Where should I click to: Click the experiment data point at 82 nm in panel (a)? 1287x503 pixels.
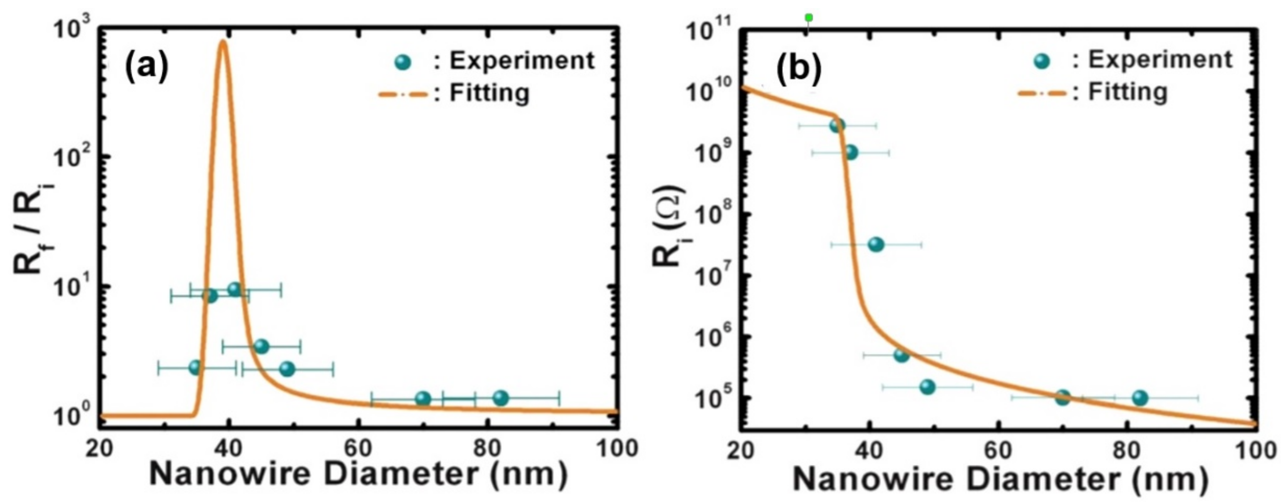(x=500, y=398)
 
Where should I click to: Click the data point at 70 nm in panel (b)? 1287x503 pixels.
(x=1062, y=397)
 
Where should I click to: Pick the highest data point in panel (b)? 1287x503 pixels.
(x=837, y=126)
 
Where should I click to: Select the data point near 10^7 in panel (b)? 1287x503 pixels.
(x=876, y=244)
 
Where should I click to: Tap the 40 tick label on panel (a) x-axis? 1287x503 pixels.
(x=228, y=448)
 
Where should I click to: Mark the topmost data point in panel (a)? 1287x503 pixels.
(x=234, y=289)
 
